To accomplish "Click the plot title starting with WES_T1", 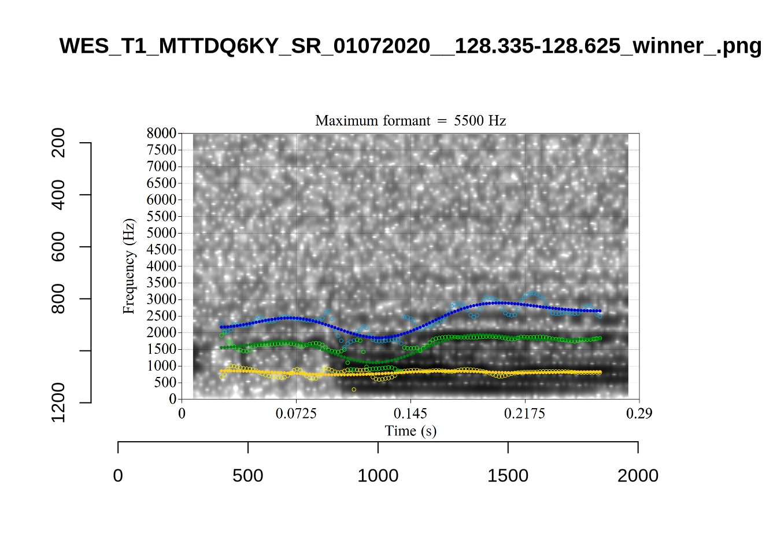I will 410,46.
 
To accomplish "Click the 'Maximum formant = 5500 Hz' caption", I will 410,120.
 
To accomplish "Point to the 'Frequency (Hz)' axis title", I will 128,266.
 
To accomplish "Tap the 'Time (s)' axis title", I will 410,431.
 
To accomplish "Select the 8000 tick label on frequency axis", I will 161,133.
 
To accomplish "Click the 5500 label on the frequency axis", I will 161,216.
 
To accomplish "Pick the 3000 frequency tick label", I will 161,299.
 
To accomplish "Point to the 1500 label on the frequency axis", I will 161,349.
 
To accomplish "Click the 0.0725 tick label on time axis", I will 296,413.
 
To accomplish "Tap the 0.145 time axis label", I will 410,413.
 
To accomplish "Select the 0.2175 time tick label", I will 524,413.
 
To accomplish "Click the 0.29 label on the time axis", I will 639,413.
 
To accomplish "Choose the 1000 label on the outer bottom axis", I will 378,476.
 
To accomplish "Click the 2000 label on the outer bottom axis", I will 638,476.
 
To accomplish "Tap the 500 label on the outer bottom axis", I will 247,476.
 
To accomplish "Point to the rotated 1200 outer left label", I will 58,402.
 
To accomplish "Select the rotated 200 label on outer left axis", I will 58,143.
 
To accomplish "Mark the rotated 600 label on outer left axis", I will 58,247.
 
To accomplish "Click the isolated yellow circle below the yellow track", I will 354,390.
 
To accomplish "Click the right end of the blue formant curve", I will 600,311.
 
